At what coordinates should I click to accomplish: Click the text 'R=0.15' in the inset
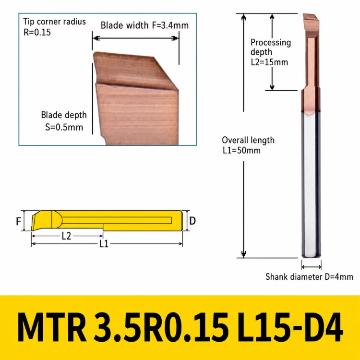tap(37, 32)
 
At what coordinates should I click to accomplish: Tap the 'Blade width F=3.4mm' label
tap(144, 25)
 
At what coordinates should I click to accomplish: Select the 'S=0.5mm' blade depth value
tap(64, 127)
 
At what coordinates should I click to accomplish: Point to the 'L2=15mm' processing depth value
tap(269, 62)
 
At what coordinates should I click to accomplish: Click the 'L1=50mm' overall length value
tap(241, 151)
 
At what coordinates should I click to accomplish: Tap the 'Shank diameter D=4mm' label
tap(309, 276)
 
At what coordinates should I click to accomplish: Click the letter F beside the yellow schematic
tap(19, 221)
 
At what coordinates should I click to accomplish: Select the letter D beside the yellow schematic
tap(192, 221)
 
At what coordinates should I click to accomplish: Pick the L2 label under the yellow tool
tap(66, 236)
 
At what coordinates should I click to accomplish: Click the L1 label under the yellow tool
tap(104, 244)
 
